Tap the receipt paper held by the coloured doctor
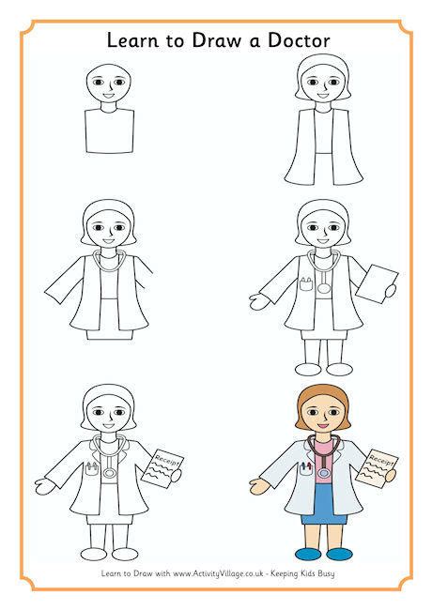(382, 474)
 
